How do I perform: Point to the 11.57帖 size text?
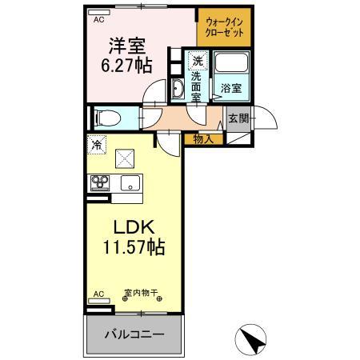pyautogui.click(x=130, y=247)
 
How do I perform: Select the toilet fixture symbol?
pyautogui.click(x=105, y=118)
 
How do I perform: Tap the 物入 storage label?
pyautogui.click(x=203, y=139)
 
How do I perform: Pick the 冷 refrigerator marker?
pyautogui.click(x=97, y=146)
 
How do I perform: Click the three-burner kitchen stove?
pyautogui.click(x=100, y=182)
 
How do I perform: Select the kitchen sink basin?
pyautogui.click(x=126, y=183)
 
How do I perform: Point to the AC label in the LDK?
pyautogui.click(x=98, y=294)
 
